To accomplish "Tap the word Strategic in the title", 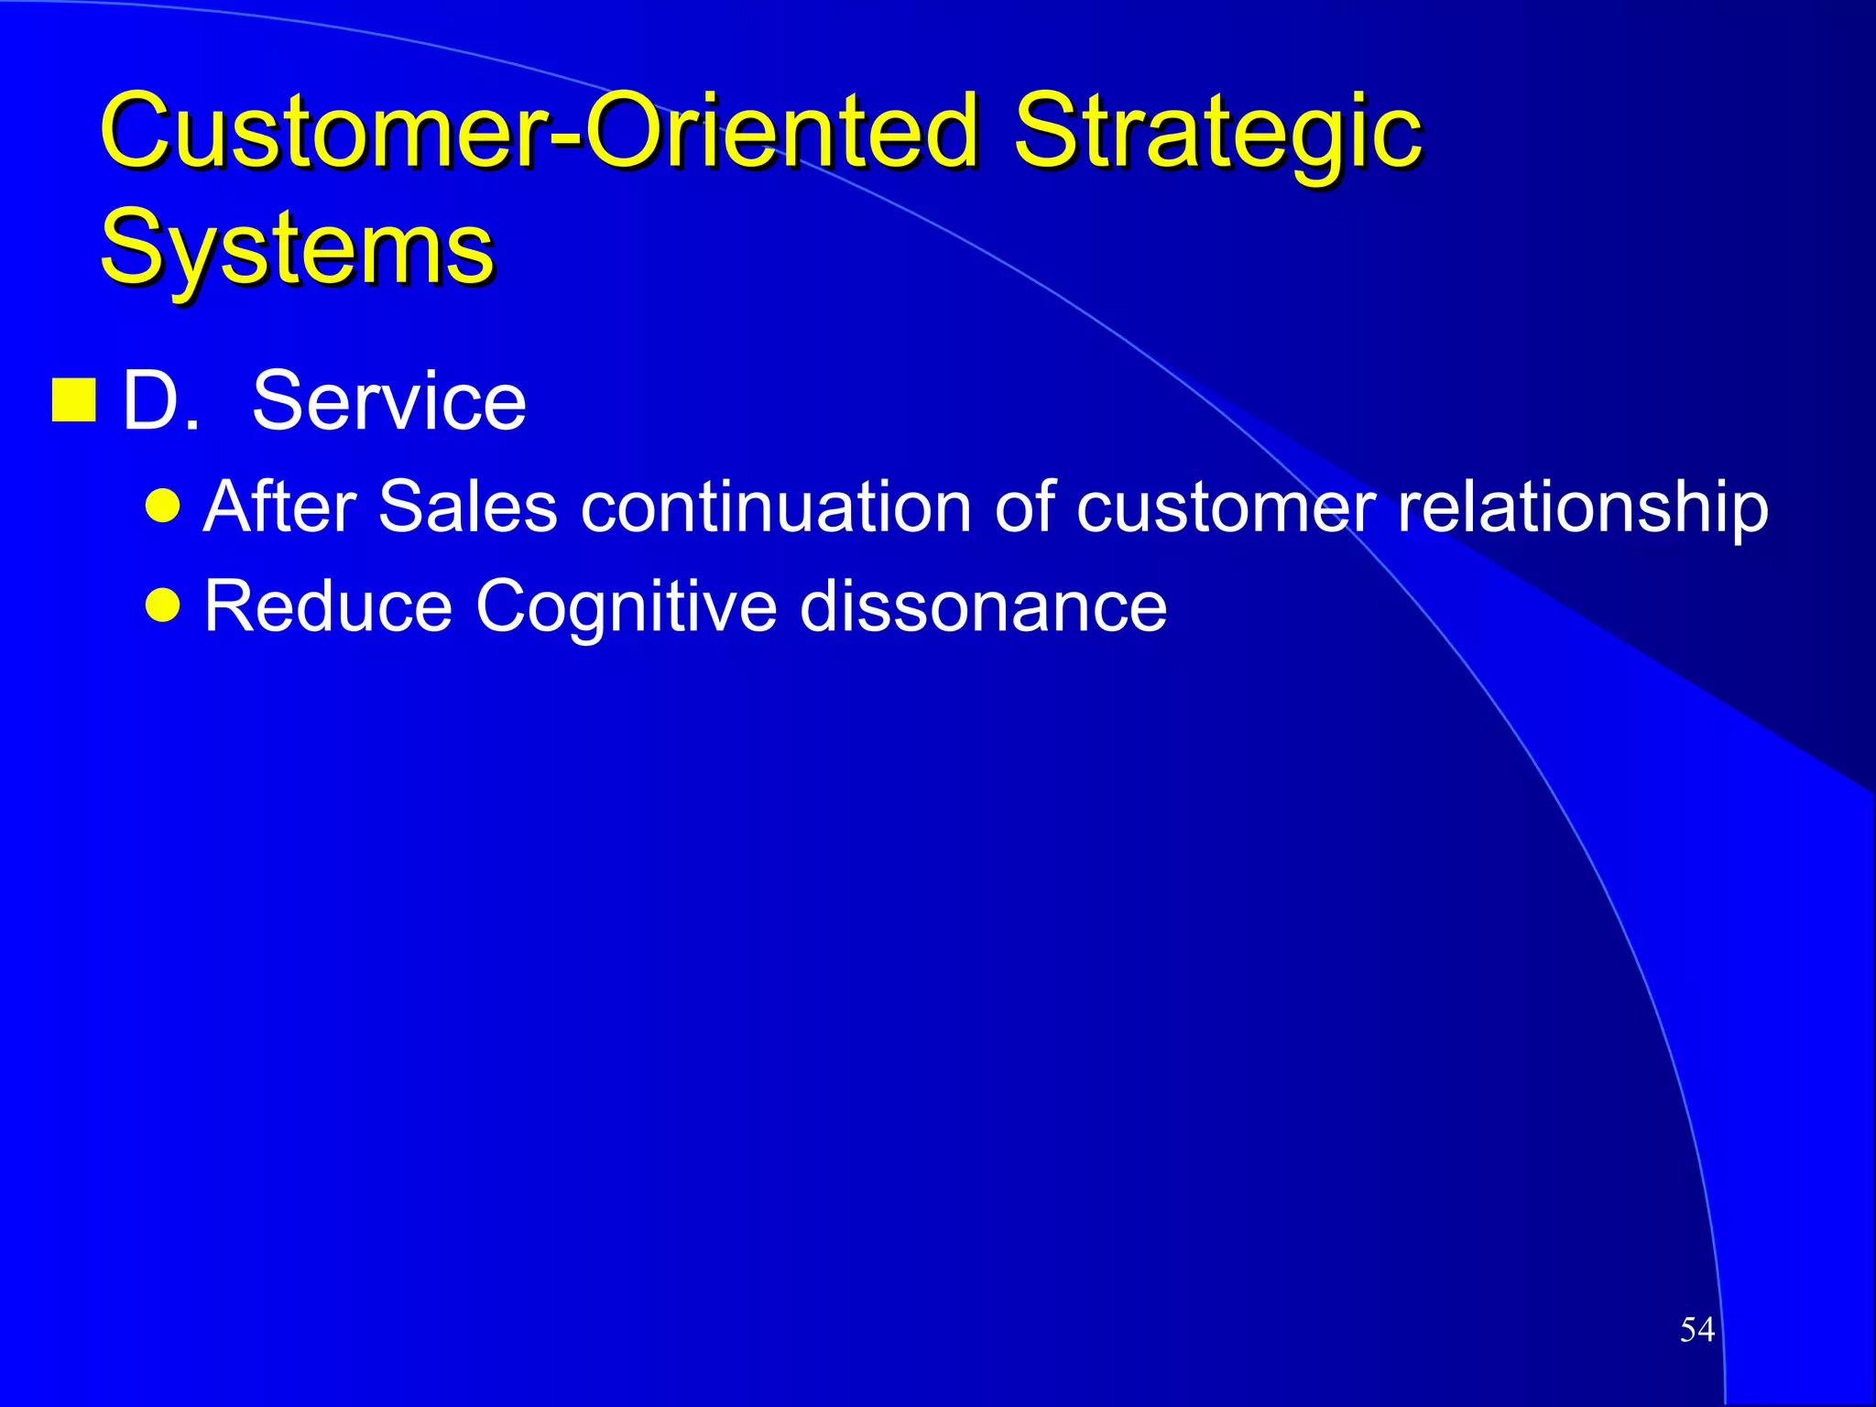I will (x=1218, y=133).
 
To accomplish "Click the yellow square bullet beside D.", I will (x=74, y=400).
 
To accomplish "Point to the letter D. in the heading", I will (x=159, y=400).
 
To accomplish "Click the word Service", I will (x=389, y=400).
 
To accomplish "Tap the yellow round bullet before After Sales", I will (x=163, y=505).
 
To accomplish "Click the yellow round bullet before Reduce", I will (x=163, y=605).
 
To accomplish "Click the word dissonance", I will (x=983, y=605).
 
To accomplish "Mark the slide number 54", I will (x=1696, y=1329).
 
